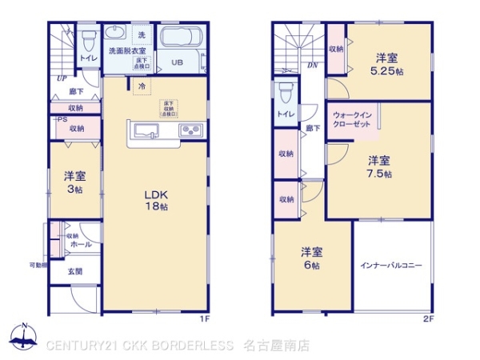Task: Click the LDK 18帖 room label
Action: [155, 200]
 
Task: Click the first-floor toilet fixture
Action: [89, 38]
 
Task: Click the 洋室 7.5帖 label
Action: [379, 165]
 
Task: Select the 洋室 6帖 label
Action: [311, 258]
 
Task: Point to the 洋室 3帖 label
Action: [75, 182]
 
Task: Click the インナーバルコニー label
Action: [391, 266]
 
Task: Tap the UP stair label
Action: [61, 78]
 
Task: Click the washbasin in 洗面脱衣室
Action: [118, 34]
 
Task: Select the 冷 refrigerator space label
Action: [142, 86]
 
